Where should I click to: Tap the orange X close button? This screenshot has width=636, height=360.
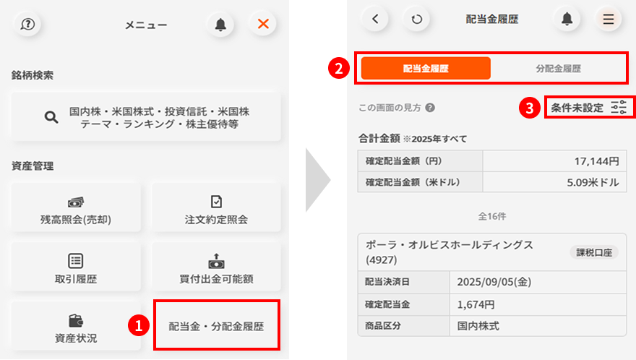click(x=263, y=24)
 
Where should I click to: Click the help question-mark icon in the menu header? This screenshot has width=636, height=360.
click(x=27, y=25)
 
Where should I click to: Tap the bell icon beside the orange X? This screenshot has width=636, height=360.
click(x=220, y=25)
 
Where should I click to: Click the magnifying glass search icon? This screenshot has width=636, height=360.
click(x=51, y=117)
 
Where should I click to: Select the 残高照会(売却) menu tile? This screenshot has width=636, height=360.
click(x=76, y=207)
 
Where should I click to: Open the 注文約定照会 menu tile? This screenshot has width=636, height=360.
click(x=216, y=207)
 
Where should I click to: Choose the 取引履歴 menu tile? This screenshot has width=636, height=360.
click(x=76, y=267)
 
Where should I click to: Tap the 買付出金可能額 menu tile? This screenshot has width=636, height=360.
click(x=216, y=267)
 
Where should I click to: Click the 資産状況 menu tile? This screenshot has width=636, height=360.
click(x=76, y=326)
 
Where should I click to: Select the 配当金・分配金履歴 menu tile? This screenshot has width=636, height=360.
click(x=217, y=325)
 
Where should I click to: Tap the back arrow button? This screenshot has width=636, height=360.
click(x=375, y=19)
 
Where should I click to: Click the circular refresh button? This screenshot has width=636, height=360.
click(x=416, y=19)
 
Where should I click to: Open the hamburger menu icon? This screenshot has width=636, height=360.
click(x=608, y=19)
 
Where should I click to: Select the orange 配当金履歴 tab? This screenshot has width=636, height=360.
click(x=426, y=68)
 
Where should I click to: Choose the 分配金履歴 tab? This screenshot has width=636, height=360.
click(x=558, y=68)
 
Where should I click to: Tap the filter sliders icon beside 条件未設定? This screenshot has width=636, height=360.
click(x=619, y=108)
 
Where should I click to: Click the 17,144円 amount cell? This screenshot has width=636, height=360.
click(x=554, y=161)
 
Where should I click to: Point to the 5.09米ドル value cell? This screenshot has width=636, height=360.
click(x=554, y=182)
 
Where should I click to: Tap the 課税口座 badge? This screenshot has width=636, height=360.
click(x=594, y=252)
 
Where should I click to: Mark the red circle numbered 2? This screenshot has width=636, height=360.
click(x=339, y=68)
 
